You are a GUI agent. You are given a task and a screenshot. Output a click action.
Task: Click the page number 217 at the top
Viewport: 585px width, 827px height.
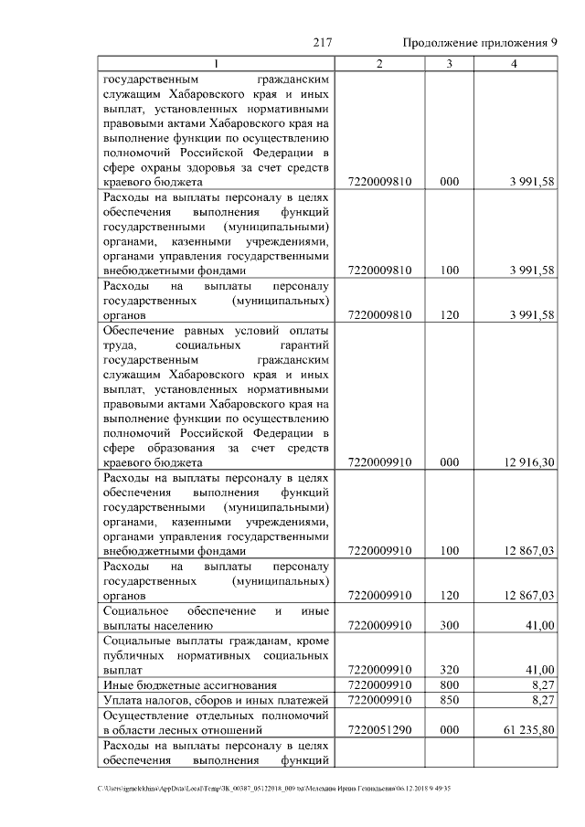[321, 43]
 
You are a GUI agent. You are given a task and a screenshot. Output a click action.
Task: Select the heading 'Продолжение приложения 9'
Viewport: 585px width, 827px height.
[479, 43]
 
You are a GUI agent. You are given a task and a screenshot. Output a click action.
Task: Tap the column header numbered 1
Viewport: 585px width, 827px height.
[216, 63]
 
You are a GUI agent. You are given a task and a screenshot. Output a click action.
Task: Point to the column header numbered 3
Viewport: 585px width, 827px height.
[448, 63]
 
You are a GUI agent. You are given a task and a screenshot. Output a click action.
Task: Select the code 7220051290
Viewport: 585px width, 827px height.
[379, 731]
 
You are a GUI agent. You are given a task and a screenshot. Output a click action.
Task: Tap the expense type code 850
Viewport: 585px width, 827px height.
[448, 699]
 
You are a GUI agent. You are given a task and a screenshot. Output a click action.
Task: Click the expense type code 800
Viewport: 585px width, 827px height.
[448, 684]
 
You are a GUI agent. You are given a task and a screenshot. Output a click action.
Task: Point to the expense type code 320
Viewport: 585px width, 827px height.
[448, 669]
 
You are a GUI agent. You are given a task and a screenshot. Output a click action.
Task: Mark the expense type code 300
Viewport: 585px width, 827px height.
[448, 625]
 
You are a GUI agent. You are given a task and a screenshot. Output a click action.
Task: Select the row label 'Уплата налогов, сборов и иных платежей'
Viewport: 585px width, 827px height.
[215, 699]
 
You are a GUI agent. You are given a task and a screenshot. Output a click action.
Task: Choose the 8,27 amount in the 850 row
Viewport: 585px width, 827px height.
[540, 699]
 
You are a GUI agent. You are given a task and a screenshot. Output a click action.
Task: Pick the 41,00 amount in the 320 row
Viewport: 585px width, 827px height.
[537, 669]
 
